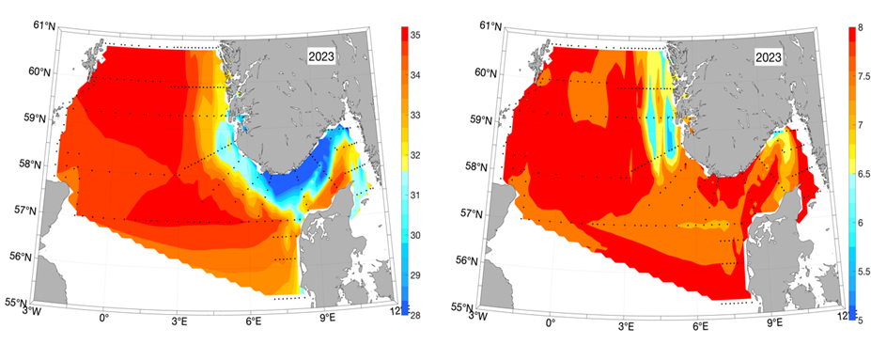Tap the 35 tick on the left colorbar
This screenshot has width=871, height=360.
pos(415,34)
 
